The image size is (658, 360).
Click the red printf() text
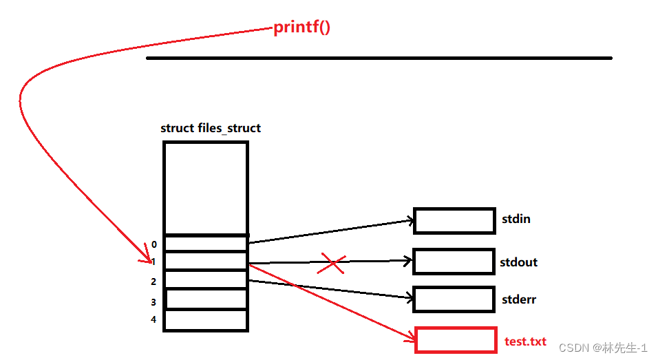[302, 28]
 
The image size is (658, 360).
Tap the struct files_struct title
[210, 128]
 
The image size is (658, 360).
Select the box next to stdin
[454, 220]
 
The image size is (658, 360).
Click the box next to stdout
[454, 262]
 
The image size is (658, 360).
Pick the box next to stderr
[454, 299]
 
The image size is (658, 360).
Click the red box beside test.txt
[456, 340]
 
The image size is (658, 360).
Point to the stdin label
[517, 220]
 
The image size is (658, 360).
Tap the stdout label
[519, 262]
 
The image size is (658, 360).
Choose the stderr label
[519, 299]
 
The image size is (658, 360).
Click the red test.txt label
[525, 341]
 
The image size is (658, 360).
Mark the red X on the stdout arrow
[332, 264]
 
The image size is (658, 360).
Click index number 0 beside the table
[154, 244]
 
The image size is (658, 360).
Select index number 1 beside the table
[154, 262]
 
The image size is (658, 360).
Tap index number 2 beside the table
[154, 282]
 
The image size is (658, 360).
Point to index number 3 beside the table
[154, 302]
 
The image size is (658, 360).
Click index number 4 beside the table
[154, 319]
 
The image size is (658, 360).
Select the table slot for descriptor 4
[206, 320]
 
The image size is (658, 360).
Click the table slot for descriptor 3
[206, 299]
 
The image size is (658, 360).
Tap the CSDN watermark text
[603, 348]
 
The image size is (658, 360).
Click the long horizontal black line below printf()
[379, 59]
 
